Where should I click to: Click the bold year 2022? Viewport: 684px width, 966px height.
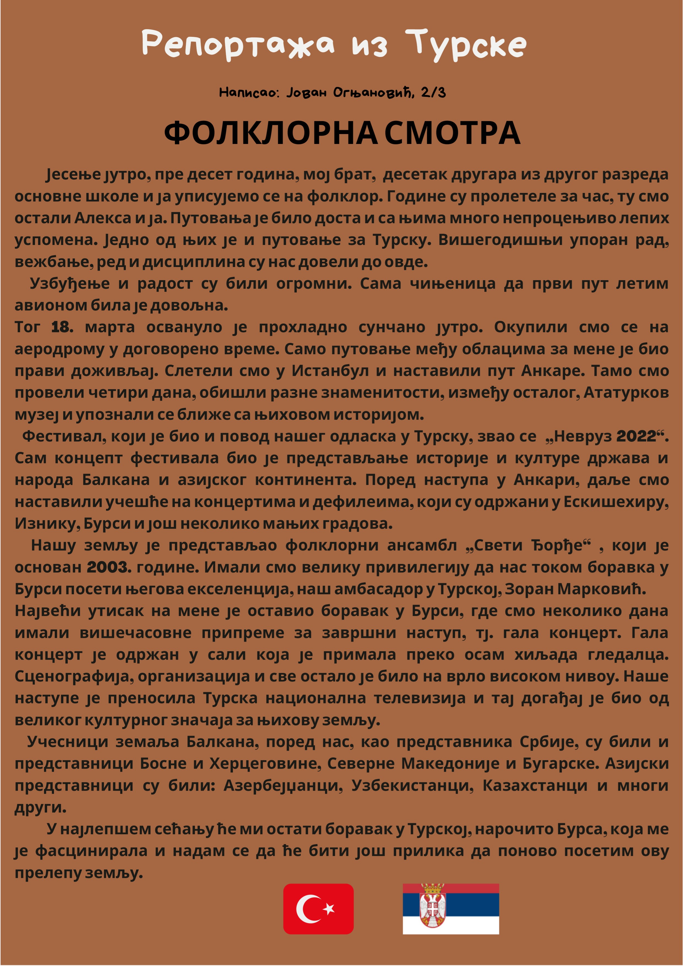[x=636, y=437]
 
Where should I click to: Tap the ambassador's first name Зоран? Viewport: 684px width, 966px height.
[x=529, y=589]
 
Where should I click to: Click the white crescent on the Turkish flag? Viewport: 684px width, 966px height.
[x=307, y=909]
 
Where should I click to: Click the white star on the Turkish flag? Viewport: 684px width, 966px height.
[x=329, y=909]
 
